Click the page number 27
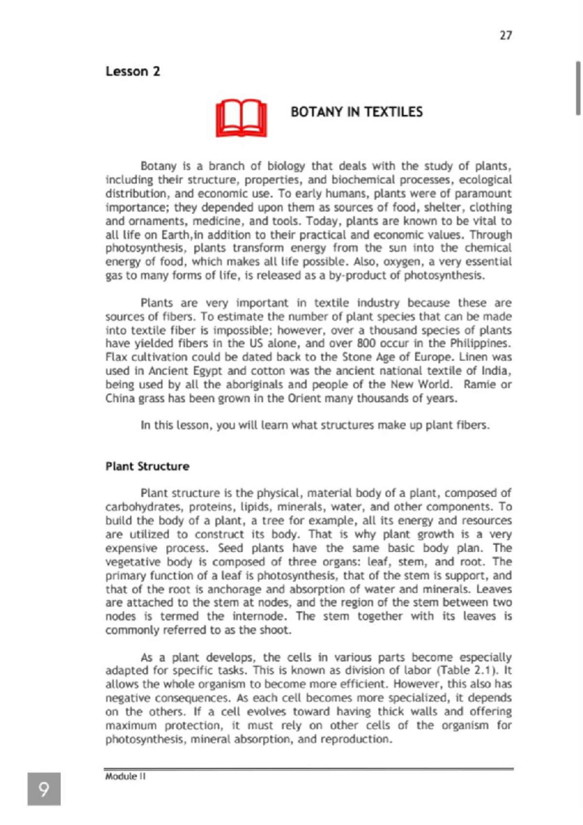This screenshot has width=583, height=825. [505, 35]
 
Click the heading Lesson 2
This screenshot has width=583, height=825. [133, 71]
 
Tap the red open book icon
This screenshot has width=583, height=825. [241, 119]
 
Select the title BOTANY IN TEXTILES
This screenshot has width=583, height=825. [357, 112]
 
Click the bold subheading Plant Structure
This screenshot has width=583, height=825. [147, 466]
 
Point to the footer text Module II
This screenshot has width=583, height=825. [125, 776]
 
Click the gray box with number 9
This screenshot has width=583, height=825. [44, 789]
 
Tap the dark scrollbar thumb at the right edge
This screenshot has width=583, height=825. [578, 88]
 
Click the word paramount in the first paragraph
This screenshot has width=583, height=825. [486, 193]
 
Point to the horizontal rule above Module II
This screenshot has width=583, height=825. [309, 769]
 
